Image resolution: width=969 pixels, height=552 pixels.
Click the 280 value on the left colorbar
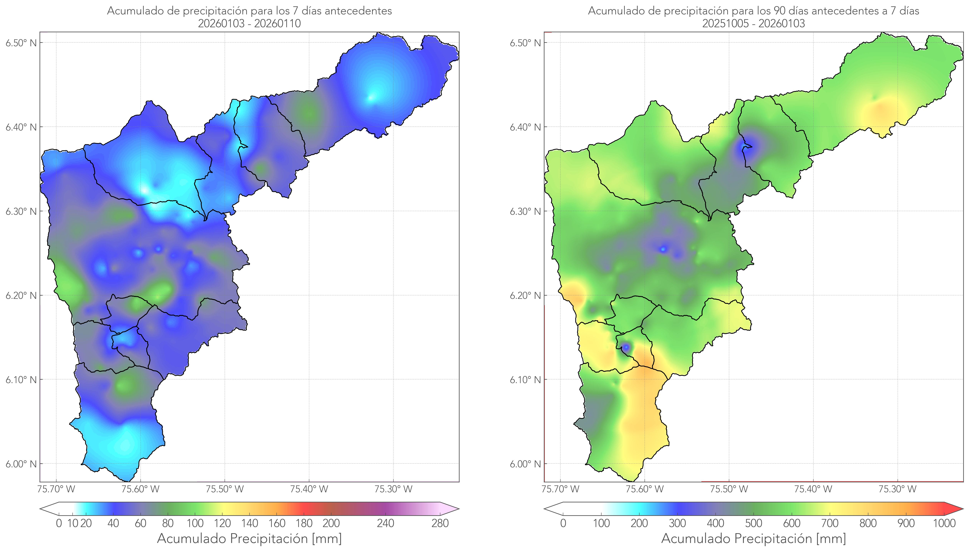[440, 524]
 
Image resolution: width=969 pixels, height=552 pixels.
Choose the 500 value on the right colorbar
[753, 524]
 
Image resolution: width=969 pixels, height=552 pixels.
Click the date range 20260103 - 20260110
[249, 23]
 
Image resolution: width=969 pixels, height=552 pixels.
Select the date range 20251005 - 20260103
[753, 23]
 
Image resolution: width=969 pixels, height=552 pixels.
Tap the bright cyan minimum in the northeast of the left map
[371, 98]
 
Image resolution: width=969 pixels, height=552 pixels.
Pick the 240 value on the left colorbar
[386, 524]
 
